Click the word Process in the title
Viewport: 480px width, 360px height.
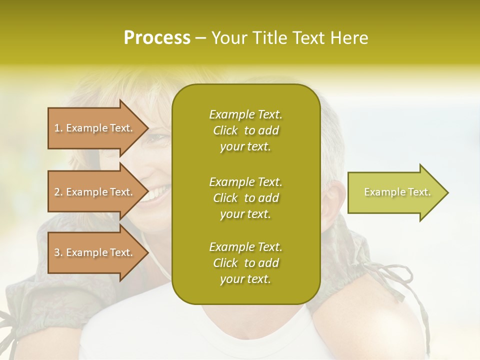tap(157, 38)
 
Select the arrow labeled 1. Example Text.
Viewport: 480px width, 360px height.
tap(95, 128)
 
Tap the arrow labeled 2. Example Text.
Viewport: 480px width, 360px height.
tap(95, 192)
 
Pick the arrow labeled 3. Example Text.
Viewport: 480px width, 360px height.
tap(95, 252)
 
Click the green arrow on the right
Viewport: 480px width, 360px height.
tap(395, 192)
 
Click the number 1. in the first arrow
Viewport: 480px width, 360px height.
tap(58, 128)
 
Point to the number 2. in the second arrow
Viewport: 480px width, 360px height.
tap(58, 192)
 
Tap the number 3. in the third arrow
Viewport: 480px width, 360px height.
tap(58, 252)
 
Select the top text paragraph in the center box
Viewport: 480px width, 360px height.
tap(245, 130)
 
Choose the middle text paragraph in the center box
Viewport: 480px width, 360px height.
tap(245, 198)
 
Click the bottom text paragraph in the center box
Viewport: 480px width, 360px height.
tap(245, 263)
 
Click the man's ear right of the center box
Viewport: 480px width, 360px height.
tap(333, 197)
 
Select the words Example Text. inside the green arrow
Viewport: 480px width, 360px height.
tap(397, 192)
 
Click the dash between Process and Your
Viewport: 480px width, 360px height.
tap(201, 38)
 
